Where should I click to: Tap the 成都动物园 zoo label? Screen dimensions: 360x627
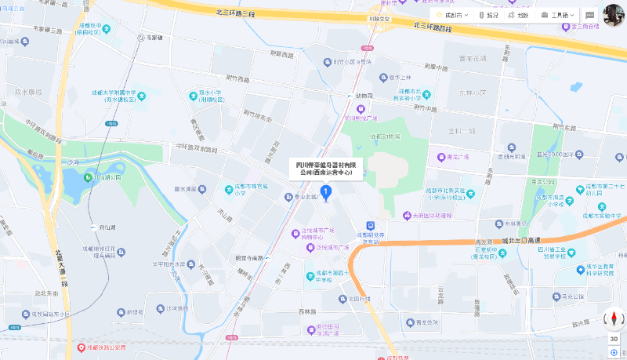(x=383, y=136)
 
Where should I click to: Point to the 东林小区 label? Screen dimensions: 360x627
(x=462, y=93)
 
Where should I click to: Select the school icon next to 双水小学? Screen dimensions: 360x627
(x=194, y=96)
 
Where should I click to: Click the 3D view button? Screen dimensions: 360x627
(x=614, y=339)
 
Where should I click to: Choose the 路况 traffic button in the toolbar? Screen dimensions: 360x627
(x=487, y=15)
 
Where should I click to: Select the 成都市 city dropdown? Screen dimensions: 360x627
(x=451, y=15)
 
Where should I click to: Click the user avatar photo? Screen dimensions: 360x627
(x=614, y=15)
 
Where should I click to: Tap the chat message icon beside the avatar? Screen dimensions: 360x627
(x=589, y=15)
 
